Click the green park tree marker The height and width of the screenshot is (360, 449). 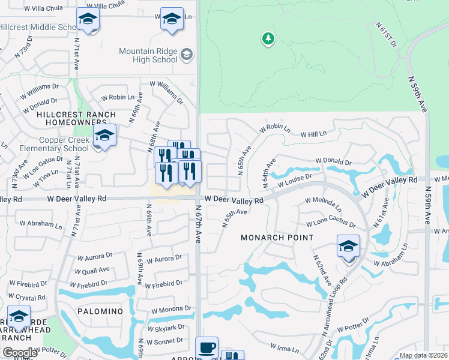tap(268, 39)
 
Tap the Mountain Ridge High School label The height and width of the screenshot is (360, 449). tap(149, 55)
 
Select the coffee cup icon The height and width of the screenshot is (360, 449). tap(207, 347)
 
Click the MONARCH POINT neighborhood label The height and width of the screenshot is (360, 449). tap(277, 238)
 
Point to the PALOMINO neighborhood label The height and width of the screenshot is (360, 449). tap(100, 312)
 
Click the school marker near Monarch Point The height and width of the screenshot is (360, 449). tap(348, 246)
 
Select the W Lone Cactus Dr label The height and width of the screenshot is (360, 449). tap(331, 224)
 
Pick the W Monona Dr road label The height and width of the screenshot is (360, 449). tap(170, 310)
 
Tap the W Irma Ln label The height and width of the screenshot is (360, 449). tap(280, 347)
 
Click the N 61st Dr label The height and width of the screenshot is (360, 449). tap(387, 35)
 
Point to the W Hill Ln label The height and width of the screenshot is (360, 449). tap(313, 134)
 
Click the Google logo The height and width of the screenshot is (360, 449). tap(19, 353)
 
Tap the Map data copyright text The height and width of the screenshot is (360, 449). tap(424, 355)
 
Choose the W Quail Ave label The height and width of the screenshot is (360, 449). tap(93, 271)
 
